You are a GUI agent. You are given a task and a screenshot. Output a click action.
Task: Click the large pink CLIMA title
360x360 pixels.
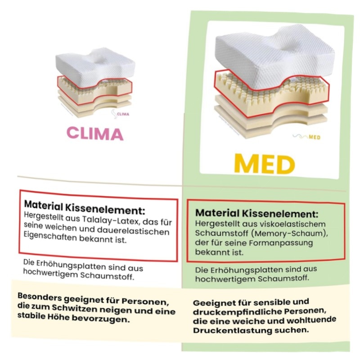[x=95, y=134]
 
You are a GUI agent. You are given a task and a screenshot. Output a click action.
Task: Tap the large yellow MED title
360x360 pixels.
[x=265, y=165]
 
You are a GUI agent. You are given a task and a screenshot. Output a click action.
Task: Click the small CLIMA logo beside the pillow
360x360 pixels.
[x=121, y=114]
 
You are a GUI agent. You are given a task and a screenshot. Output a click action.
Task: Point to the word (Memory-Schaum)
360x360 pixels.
[x=296, y=234]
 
